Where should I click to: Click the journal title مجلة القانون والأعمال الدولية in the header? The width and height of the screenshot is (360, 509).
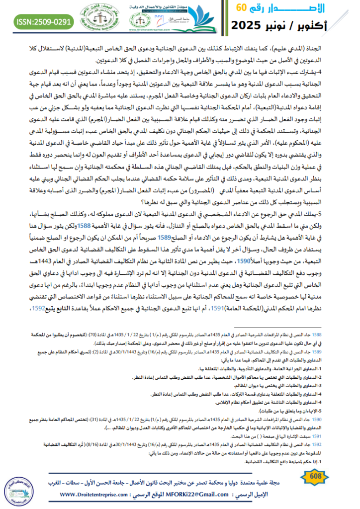[x=161, y=6]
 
